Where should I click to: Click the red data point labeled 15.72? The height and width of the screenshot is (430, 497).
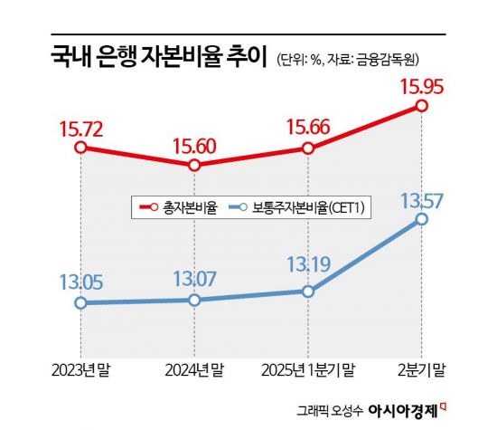[x=80, y=148]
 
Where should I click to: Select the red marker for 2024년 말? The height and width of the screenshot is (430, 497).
[x=194, y=166]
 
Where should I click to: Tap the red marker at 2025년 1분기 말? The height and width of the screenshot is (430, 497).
[x=308, y=148]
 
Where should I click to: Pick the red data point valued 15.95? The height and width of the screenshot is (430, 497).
[x=422, y=106]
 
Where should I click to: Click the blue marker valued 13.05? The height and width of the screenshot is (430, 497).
[x=80, y=302]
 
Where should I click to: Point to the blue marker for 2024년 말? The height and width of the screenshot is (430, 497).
[x=194, y=300]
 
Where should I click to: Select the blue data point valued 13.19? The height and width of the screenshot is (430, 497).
[x=308, y=291]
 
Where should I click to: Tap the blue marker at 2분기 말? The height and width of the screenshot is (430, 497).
[x=422, y=221]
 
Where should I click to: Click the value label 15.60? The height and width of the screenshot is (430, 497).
[x=194, y=143]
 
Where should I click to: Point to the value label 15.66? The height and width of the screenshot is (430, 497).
[x=308, y=126]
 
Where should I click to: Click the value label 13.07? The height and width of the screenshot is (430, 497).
[x=194, y=277]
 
